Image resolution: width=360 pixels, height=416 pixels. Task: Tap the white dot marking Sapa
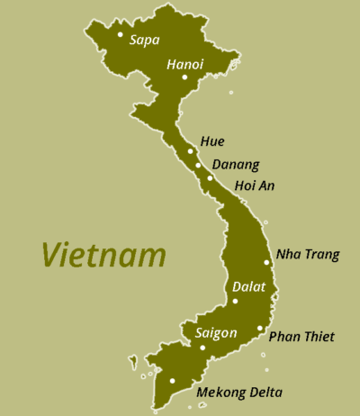tap(120, 35)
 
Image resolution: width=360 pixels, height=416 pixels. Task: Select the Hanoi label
tap(185, 64)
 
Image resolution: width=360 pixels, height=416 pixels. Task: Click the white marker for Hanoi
tap(184, 77)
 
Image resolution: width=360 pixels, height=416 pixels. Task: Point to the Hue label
tap(213, 141)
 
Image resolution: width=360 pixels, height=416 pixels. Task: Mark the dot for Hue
tap(191, 151)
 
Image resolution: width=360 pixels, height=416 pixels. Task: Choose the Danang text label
tap(235, 165)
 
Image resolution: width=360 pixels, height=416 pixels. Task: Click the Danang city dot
tap(198, 165)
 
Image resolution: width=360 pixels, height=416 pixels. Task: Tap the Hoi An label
tap(254, 186)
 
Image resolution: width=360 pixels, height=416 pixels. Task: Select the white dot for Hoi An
tap(210, 178)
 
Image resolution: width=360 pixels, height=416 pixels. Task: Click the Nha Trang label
tap(308, 254)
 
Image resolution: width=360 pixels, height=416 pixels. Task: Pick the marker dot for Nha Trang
tap(267, 262)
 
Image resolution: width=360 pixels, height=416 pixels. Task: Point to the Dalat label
tap(249, 287)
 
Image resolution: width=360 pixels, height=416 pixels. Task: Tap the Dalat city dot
tap(235, 301)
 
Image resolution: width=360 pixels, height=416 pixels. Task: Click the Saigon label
tap(216, 333)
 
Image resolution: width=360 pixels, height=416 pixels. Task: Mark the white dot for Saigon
tap(202, 348)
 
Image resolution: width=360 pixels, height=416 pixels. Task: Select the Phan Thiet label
tap(301, 337)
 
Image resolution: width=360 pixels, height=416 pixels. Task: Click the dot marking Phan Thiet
tap(259, 329)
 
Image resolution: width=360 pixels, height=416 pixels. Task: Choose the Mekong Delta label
tap(238, 393)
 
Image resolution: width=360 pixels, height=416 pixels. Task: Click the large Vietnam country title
tap(103, 255)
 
